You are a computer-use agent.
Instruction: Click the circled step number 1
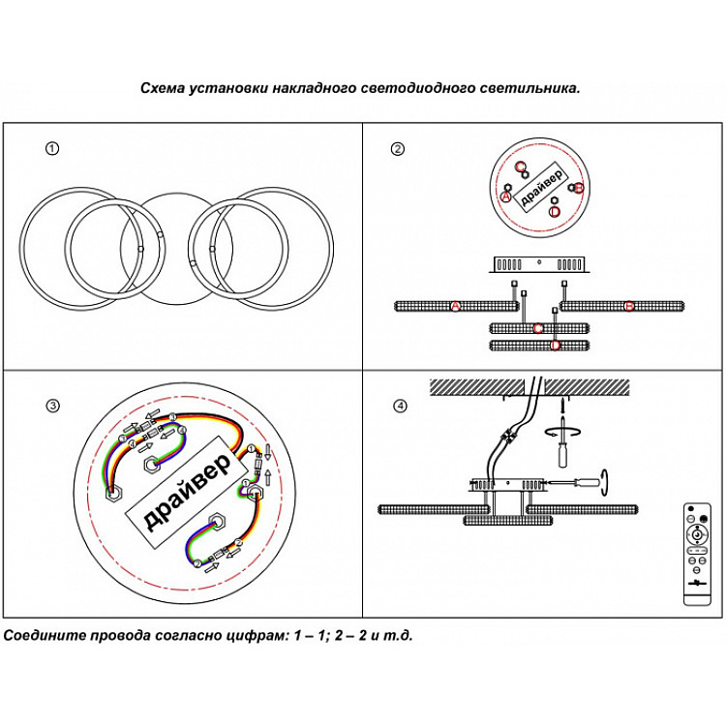(52, 149)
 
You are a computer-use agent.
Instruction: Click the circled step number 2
(397, 149)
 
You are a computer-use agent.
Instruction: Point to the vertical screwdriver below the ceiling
(560, 451)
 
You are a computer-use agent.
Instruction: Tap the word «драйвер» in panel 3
(187, 492)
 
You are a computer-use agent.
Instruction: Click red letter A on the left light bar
(455, 307)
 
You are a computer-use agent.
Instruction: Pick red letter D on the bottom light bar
(555, 345)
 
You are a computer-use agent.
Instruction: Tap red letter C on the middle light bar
(538, 328)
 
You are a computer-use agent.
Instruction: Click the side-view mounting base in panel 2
(540, 263)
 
